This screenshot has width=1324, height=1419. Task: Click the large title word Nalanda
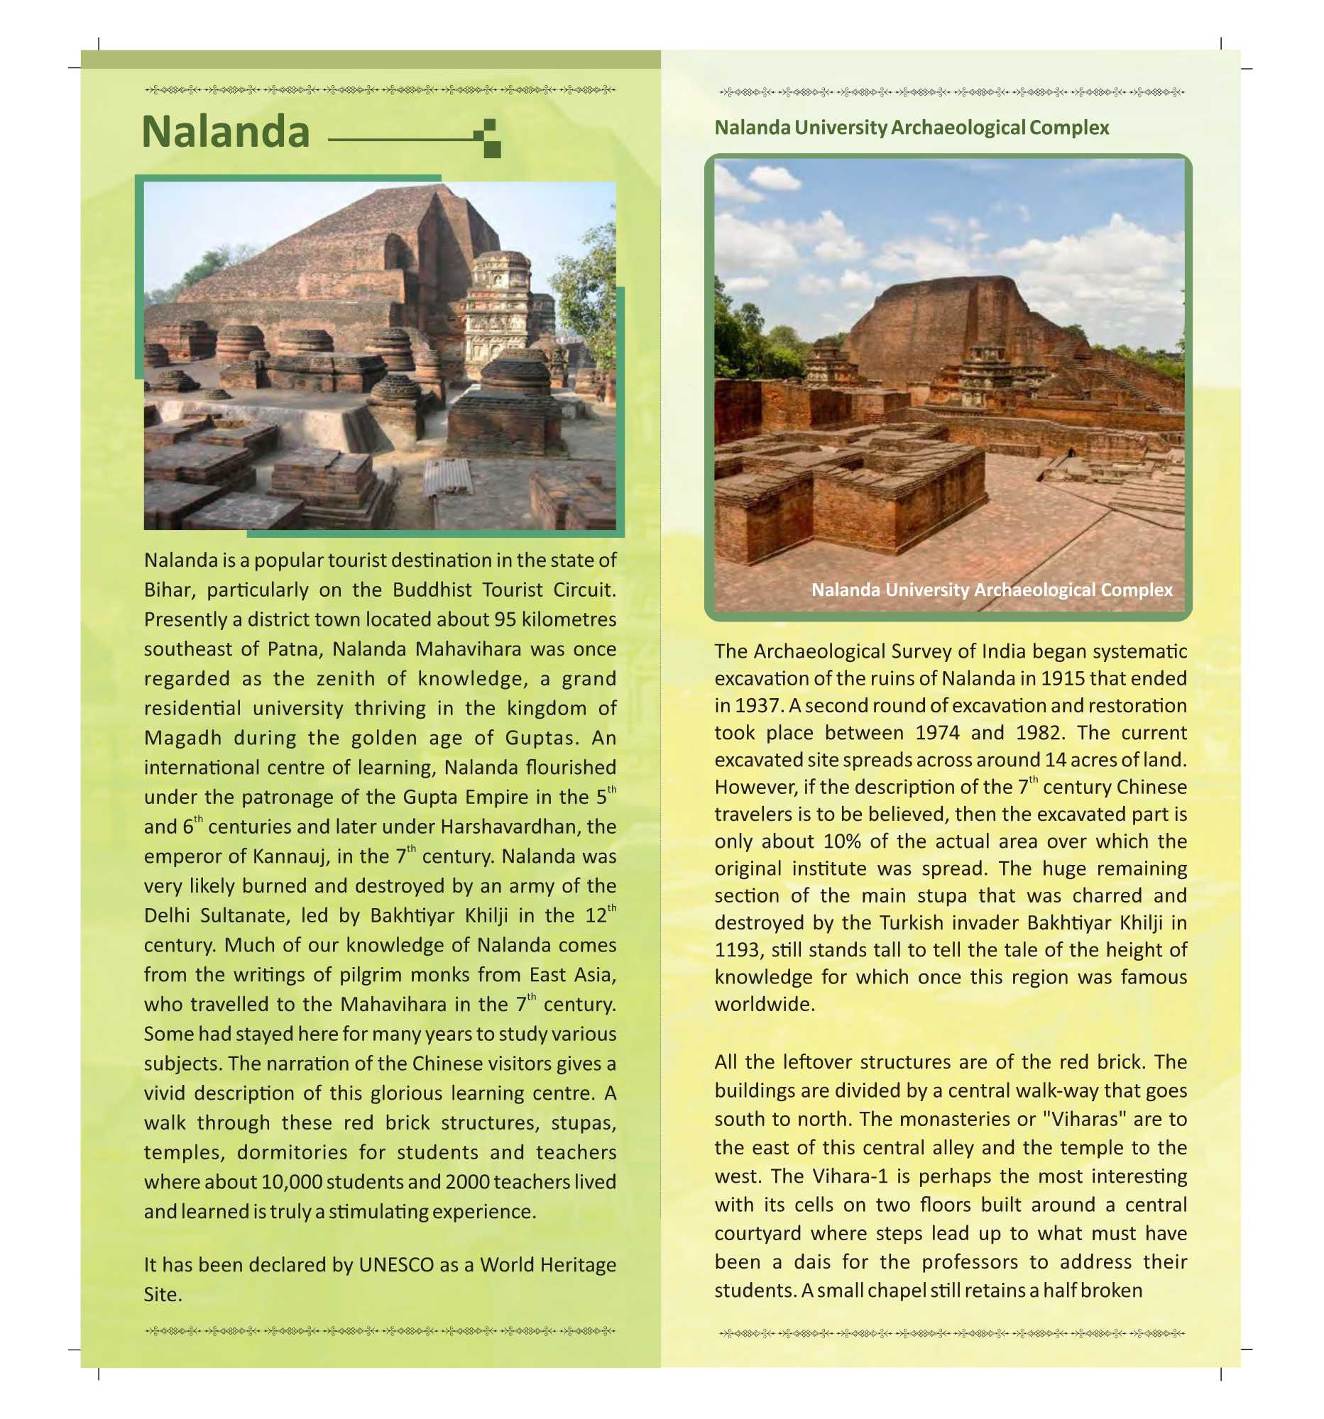tap(226, 132)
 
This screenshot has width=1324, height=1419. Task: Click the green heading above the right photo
tap(912, 128)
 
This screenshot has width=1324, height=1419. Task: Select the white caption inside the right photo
tap(992, 590)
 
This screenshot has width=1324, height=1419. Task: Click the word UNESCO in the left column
tap(395, 1265)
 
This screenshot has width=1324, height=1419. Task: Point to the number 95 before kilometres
tap(505, 619)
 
